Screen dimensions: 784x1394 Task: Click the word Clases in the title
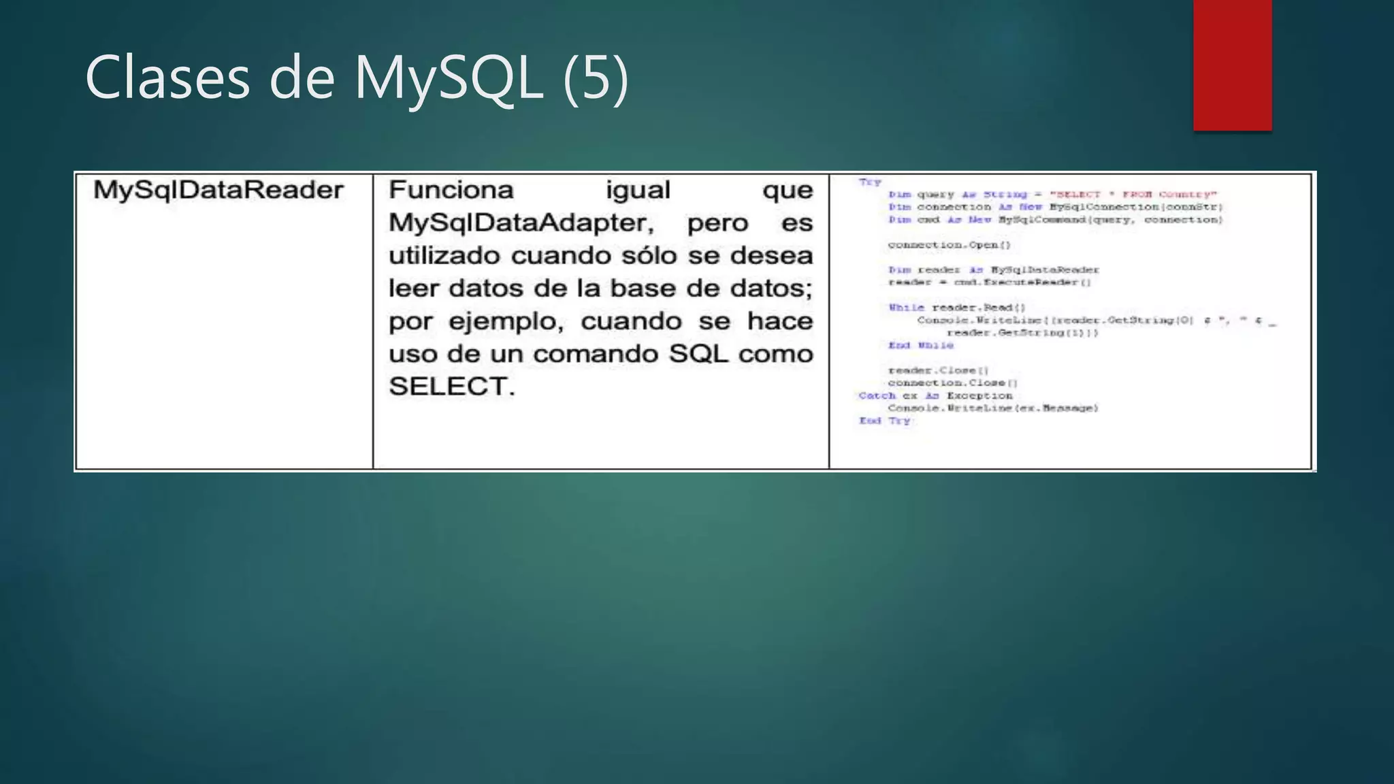click(167, 78)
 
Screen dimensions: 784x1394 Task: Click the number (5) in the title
click(596, 78)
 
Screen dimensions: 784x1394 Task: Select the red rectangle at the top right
click(1232, 65)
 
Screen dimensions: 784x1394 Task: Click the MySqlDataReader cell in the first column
click(218, 190)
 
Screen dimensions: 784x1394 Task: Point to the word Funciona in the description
click(451, 190)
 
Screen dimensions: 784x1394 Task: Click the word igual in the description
click(638, 190)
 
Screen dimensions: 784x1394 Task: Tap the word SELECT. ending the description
click(451, 387)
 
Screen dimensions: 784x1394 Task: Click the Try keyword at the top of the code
click(869, 182)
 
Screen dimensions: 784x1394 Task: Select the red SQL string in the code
click(1133, 195)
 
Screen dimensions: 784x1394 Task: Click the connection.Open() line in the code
click(949, 245)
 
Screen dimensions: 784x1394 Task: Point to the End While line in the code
click(920, 346)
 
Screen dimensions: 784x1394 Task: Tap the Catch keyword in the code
click(877, 395)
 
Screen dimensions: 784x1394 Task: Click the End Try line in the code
click(884, 421)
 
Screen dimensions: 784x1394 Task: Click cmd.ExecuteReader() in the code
click(1022, 282)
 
